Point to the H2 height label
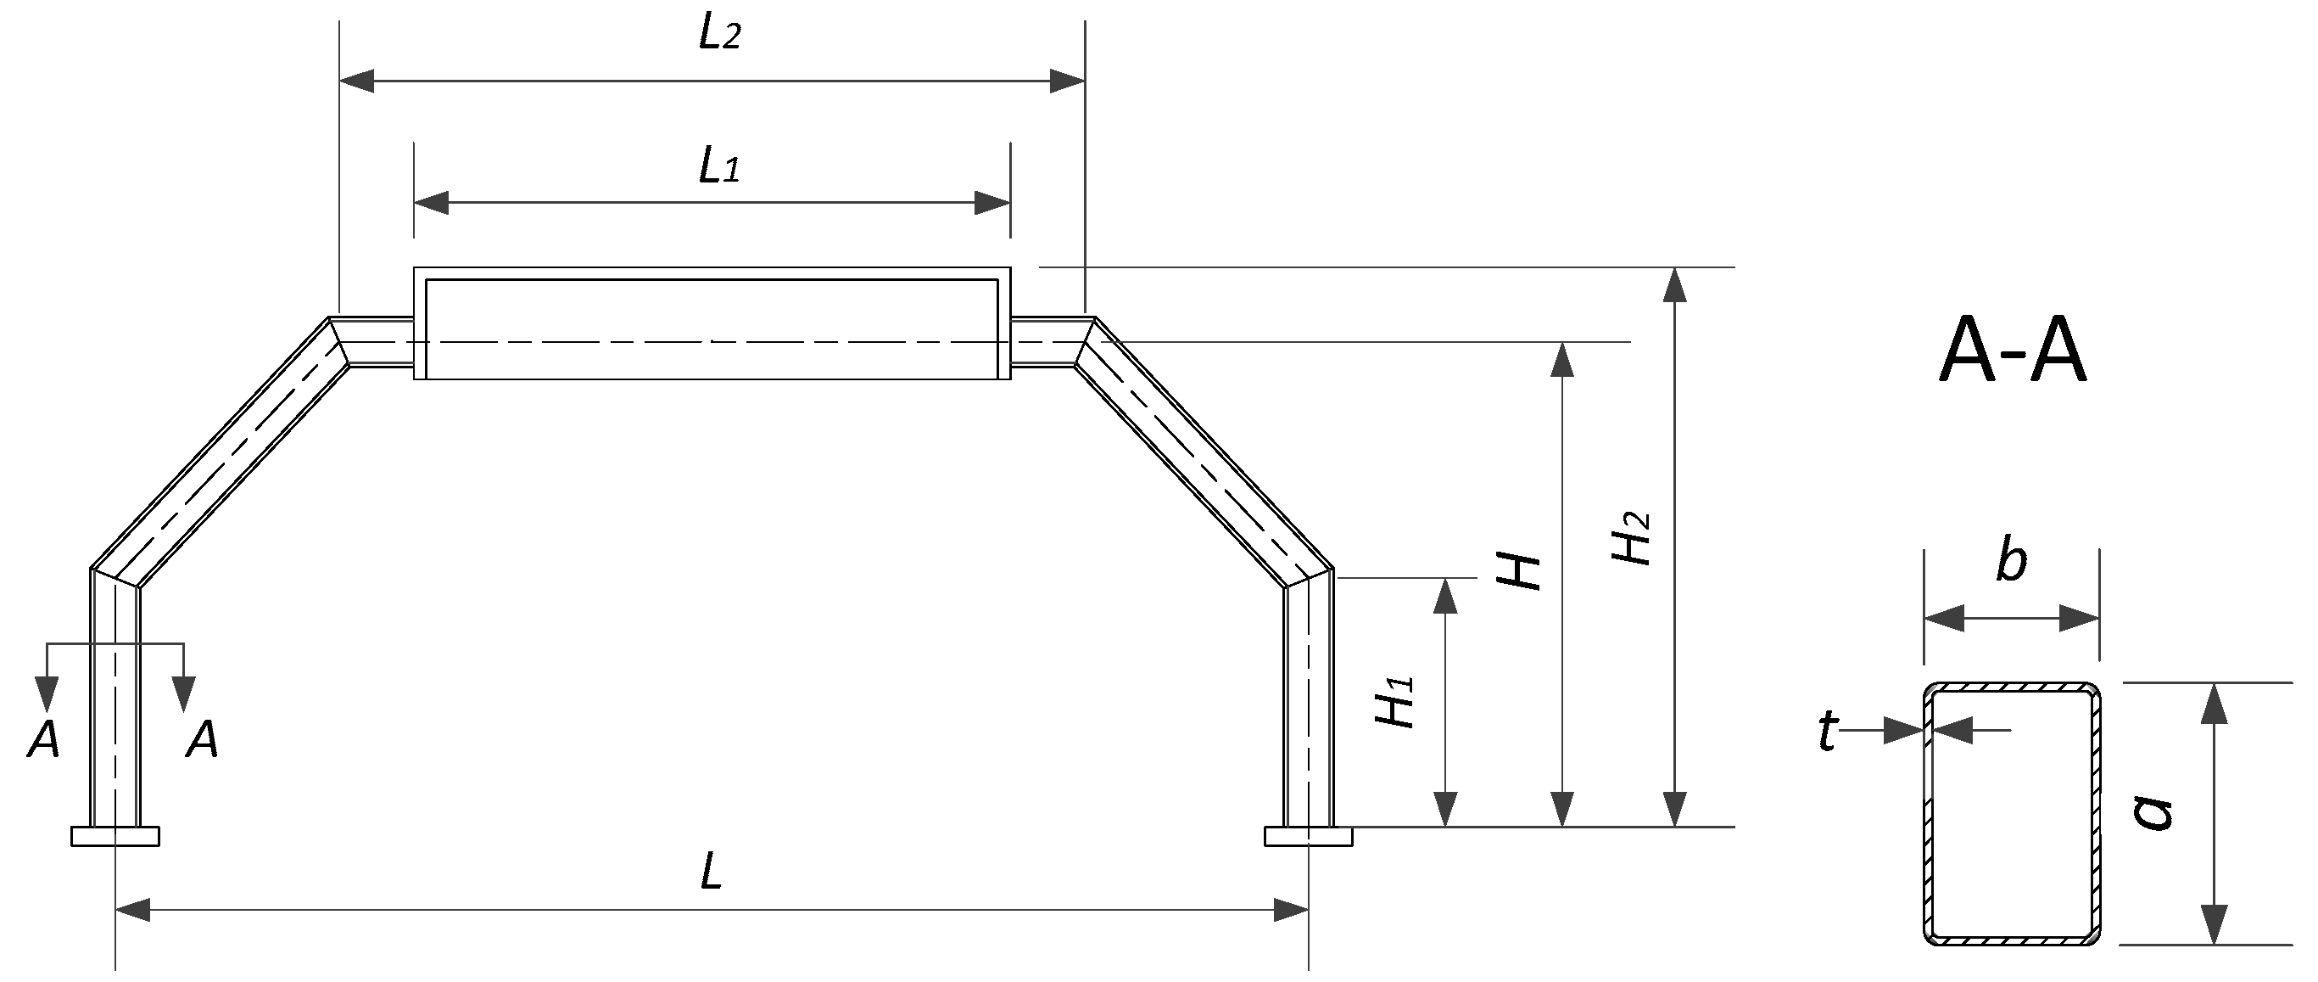(1631, 537)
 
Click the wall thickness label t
(1826, 731)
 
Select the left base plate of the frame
(115, 836)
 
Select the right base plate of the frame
(1308, 836)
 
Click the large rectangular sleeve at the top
(712, 323)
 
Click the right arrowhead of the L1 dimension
(993, 203)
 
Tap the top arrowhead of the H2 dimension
(1673, 283)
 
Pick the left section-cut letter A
(43, 741)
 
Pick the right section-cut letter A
(202, 741)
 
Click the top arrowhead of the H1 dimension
(1444, 595)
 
